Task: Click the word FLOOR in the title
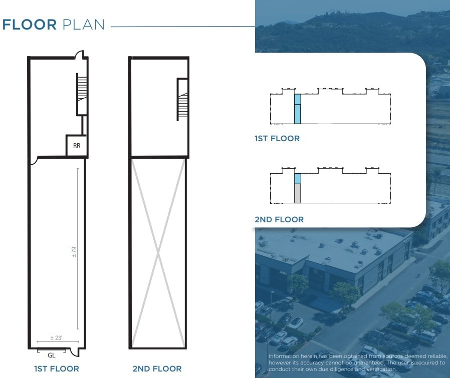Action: (x=30, y=25)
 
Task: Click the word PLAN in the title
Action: (x=84, y=25)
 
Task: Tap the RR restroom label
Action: (x=77, y=146)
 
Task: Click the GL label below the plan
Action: (x=51, y=355)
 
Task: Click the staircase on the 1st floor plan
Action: (x=82, y=94)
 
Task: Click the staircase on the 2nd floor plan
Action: (x=182, y=100)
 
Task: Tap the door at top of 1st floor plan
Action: (x=79, y=54)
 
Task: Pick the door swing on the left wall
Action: (x=32, y=161)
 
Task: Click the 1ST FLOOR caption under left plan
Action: (x=56, y=369)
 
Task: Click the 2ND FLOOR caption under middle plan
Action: (x=157, y=369)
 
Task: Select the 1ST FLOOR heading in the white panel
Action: (x=277, y=139)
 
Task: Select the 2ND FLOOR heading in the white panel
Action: (x=279, y=220)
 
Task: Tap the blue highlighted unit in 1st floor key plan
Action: (x=297, y=109)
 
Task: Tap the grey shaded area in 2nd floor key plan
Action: (x=298, y=193)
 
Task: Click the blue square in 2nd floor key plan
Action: (x=298, y=179)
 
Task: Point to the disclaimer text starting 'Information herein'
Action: (x=356, y=362)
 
